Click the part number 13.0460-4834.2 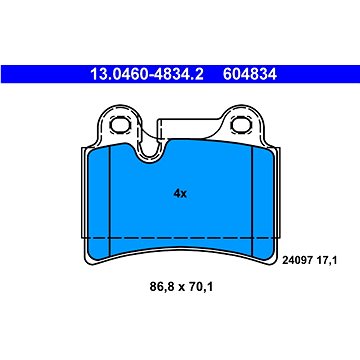147,74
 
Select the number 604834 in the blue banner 250,74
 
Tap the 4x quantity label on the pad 180,194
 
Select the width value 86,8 163,286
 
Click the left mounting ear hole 120,125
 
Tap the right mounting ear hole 241,125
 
